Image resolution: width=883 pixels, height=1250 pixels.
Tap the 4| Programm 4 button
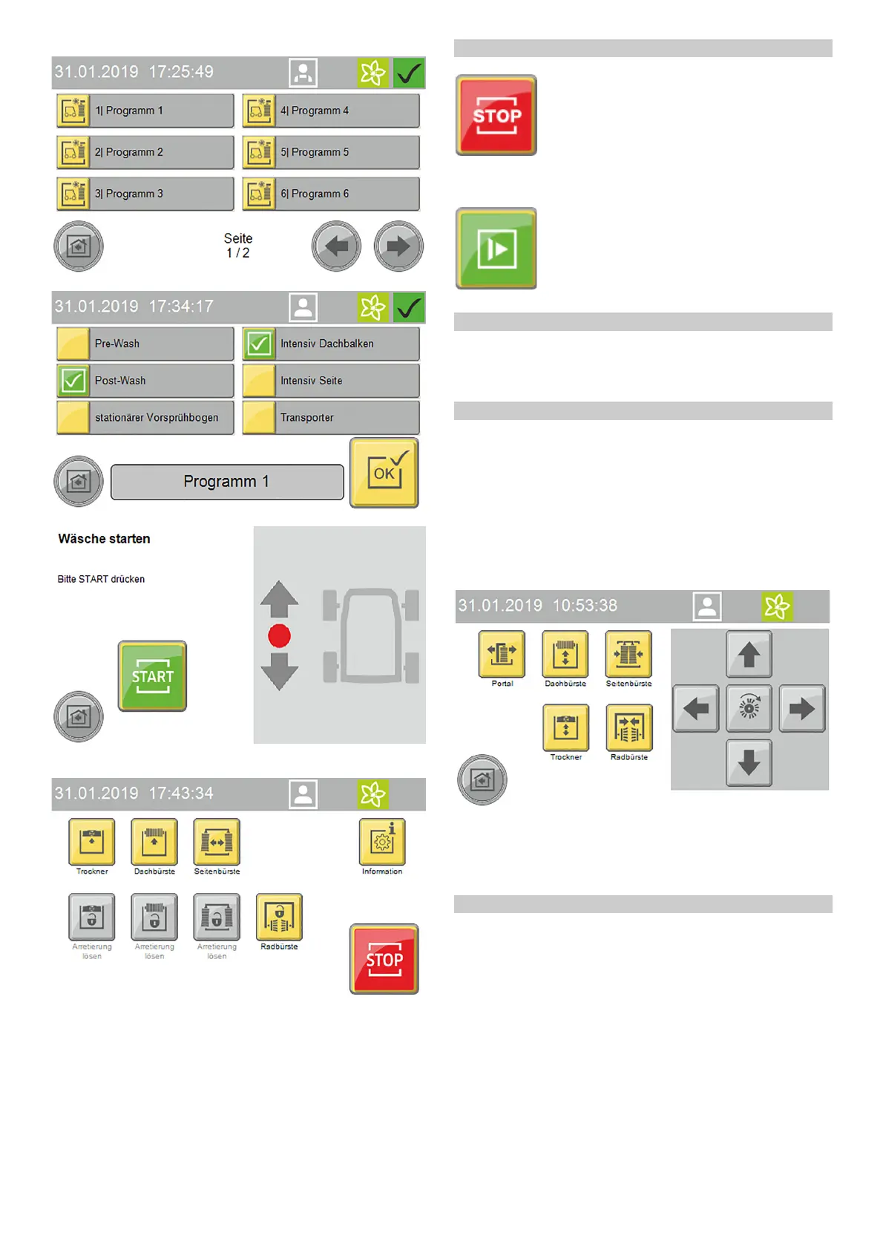point(331,111)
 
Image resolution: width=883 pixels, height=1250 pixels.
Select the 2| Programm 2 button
point(145,152)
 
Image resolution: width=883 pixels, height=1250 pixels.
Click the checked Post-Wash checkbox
point(73,381)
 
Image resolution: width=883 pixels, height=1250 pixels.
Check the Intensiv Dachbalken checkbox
point(259,344)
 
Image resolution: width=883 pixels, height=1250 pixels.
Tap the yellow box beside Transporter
point(259,418)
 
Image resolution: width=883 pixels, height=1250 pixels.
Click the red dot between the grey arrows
point(279,636)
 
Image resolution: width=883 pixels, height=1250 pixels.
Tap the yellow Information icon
point(382,842)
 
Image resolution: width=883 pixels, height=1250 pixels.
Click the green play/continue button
point(496,249)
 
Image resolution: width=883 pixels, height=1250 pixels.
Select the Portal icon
point(502,654)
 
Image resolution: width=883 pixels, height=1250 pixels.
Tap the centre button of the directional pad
point(749,709)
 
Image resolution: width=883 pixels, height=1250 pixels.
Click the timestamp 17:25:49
point(181,72)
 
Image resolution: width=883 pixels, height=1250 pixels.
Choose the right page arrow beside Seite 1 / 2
point(398,246)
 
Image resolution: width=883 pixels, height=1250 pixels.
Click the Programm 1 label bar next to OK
point(227,482)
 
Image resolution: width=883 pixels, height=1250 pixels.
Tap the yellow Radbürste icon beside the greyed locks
point(279,917)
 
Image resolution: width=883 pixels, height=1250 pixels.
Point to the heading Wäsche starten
point(104,539)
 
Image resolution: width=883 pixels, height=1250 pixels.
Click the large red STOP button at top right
point(496,116)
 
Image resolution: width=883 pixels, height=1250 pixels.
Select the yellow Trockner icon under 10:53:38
point(566,727)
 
